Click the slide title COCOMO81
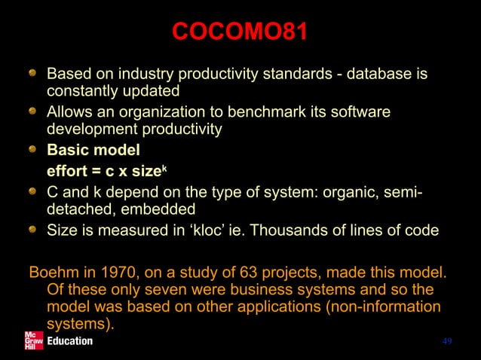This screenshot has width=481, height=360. [240, 32]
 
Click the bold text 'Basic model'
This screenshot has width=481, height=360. [93, 148]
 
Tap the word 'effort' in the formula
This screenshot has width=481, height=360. [68, 166]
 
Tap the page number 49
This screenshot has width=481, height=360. [447, 341]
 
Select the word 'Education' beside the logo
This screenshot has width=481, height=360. [70, 341]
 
